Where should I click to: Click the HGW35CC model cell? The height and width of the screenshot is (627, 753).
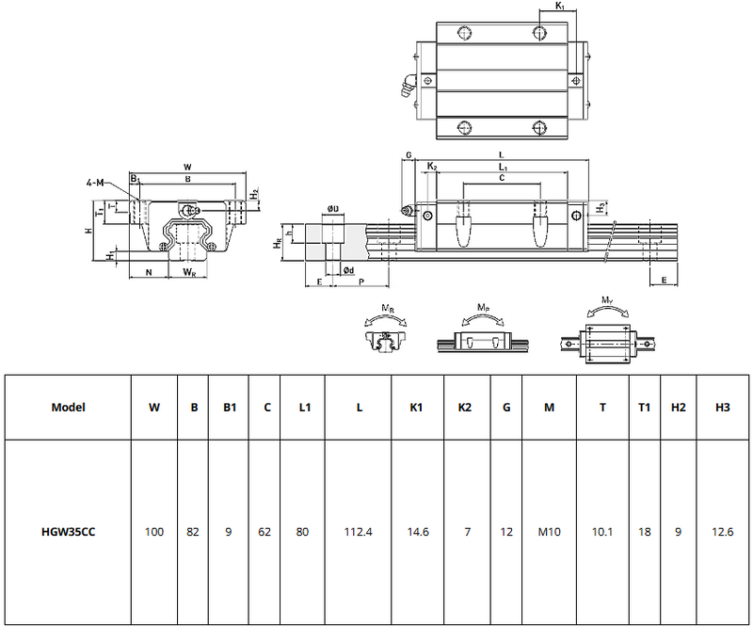68,532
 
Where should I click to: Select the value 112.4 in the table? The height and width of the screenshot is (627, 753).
359,532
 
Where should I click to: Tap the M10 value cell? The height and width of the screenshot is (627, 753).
550,532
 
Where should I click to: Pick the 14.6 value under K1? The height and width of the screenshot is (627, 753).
418,532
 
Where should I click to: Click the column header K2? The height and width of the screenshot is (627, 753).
465,408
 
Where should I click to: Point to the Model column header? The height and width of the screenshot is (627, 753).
68,408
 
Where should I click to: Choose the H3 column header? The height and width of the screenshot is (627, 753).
722,408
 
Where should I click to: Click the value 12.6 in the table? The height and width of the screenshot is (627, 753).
722,532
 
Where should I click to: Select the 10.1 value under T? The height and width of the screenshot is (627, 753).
602,532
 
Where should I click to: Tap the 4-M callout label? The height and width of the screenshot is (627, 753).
95,182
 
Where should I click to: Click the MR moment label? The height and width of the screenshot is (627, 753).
388,308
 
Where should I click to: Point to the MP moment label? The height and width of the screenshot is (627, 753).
483,308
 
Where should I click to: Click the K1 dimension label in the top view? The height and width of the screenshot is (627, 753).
560,7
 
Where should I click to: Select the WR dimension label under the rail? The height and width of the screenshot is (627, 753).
189,273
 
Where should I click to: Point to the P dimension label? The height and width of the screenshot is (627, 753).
362,281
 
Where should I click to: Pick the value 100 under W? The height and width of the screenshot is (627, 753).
154,532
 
